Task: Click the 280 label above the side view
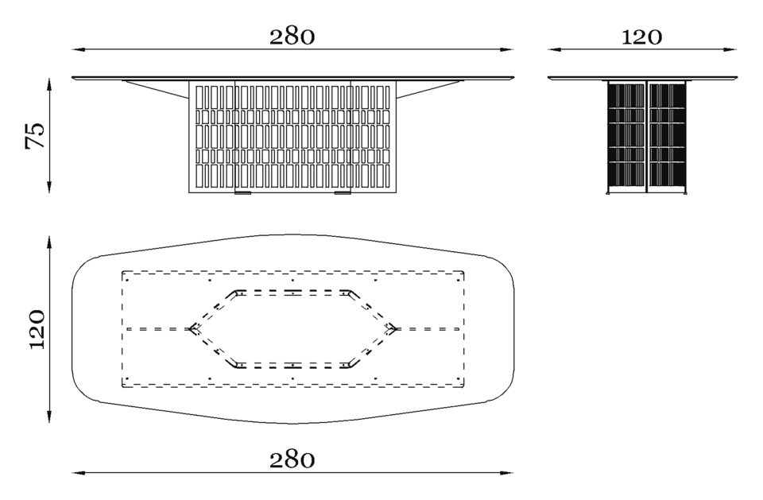(x=292, y=37)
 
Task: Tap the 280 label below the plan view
(x=292, y=459)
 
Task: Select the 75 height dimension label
(x=35, y=135)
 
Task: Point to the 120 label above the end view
(x=641, y=37)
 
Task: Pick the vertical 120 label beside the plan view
(x=37, y=329)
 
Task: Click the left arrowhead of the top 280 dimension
(x=79, y=49)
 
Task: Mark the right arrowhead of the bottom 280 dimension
(x=507, y=472)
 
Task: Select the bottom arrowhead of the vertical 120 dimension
(x=49, y=415)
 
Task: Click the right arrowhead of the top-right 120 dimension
(x=730, y=49)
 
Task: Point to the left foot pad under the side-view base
(x=243, y=193)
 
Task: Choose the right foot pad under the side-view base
(x=343, y=193)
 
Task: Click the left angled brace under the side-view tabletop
(x=156, y=88)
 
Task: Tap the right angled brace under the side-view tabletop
(x=429, y=88)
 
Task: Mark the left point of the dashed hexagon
(x=191, y=329)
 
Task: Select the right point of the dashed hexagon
(x=395, y=329)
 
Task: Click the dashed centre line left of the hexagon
(x=157, y=329)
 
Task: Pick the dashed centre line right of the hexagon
(x=428, y=329)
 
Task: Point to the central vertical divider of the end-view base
(x=647, y=136)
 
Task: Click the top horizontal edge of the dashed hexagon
(x=292, y=292)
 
